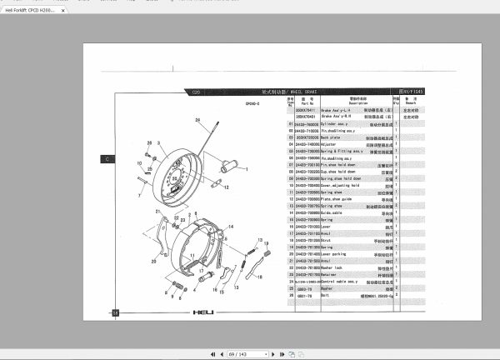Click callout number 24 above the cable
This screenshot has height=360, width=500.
coord(198,121)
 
